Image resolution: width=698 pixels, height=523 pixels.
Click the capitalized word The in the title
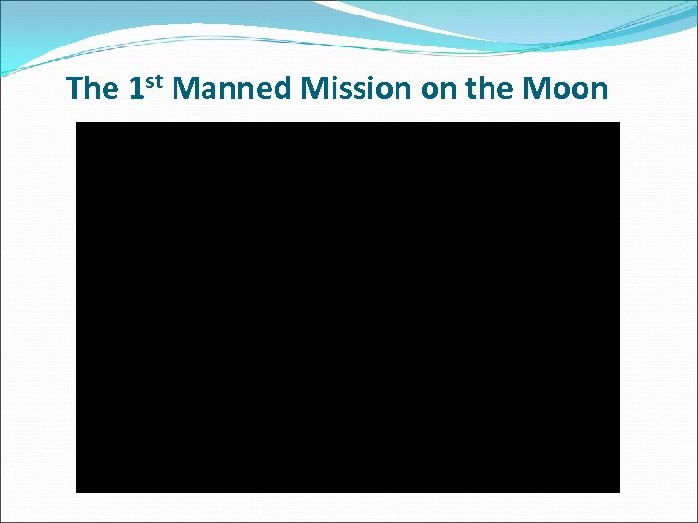coord(92,89)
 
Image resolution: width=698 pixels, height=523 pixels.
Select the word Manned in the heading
coord(234,89)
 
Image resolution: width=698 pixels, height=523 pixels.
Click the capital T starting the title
coord(76,89)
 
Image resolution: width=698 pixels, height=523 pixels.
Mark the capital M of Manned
coord(188,89)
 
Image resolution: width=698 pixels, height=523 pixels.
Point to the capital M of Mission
coord(316,89)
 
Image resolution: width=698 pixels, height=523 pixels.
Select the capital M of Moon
coord(537,89)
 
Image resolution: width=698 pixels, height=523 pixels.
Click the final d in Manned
coord(284,89)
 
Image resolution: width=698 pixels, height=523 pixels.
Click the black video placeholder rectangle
coord(348,307)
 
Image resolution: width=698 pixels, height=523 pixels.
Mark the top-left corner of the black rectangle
coord(77,123)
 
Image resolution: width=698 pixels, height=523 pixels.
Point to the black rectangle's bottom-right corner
coord(619,491)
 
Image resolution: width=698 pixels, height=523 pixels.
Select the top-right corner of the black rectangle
coord(619,123)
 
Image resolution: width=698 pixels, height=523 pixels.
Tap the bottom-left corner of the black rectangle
coord(77,491)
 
